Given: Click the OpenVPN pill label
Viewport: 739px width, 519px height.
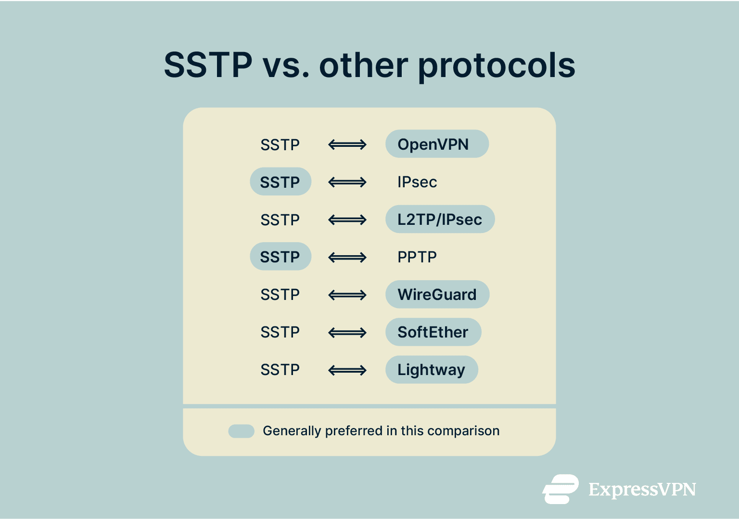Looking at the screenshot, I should pyautogui.click(x=437, y=144).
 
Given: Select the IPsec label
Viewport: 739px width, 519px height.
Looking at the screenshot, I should pyautogui.click(x=417, y=182).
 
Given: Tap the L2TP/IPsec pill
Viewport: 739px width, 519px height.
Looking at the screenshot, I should pyautogui.click(x=440, y=220).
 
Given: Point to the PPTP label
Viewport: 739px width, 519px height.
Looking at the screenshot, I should pyautogui.click(x=417, y=257).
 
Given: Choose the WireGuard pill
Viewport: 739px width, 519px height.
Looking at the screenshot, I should pyautogui.click(x=437, y=295).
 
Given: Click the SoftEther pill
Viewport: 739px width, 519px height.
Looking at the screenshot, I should pyautogui.click(x=433, y=332).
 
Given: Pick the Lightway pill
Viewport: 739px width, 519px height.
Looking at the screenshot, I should pyautogui.click(x=432, y=370).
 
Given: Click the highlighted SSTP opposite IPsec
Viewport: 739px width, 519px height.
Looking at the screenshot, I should pyautogui.click(x=280, y=182).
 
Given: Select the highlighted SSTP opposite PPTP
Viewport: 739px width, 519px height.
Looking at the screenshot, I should pyautogui.click(x=280, y=257).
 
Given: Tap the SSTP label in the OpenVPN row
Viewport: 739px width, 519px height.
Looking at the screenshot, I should pyautogui.click(x=280, y=144).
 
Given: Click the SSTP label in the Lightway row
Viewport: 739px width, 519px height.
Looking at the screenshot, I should pyautogui.click(x=280, y=370).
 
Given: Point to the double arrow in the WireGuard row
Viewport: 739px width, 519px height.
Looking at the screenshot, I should pyautogui.click(x=347, y=295).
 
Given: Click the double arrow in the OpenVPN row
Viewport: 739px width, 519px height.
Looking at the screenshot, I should pyautogui.click(x=347, y=144).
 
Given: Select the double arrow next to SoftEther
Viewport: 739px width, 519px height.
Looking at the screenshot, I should pyautogui.click(x=347, y=332).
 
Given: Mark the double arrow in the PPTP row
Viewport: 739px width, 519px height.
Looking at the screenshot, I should pyautogui.click(x=347, y=257).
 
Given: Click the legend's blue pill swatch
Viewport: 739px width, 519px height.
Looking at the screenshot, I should pyautogui.click(x=241, y=431).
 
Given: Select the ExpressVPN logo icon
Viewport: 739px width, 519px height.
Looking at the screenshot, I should pyautogui.click(x=561, y=489).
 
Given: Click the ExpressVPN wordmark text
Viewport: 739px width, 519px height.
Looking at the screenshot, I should pyautogui.click(x=642, y=490).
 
